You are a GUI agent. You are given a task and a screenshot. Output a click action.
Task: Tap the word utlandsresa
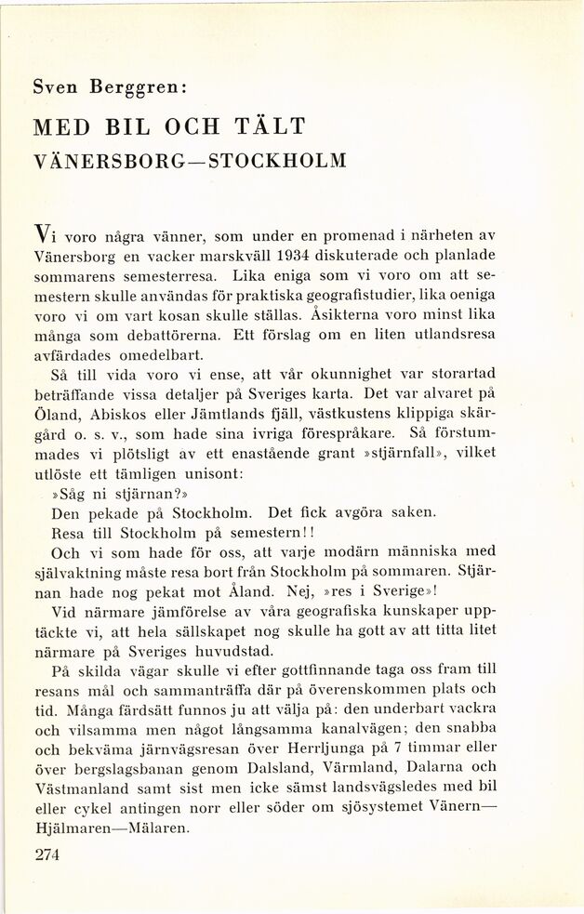point(449,336)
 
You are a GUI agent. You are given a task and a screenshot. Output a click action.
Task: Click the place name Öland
point(53,414)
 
